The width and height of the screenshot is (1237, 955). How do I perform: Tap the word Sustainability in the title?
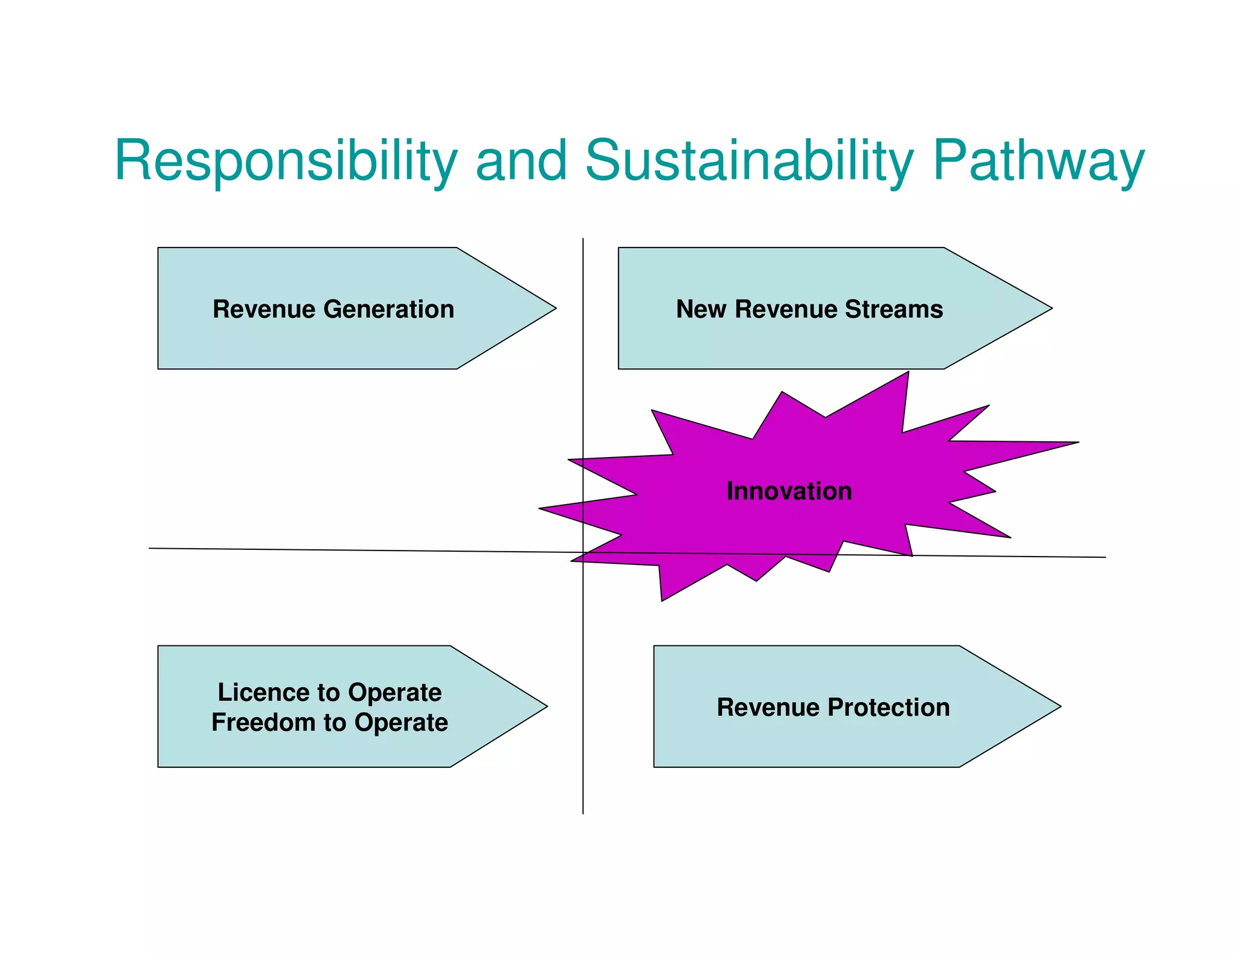point(749,161)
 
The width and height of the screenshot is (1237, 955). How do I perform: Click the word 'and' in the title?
point(521,161)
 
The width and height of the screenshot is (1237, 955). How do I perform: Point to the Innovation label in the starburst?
point(789,491)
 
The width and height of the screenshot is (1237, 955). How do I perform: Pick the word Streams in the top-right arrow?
point(893,309)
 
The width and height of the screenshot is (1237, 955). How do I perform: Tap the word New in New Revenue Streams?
point(701,309)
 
